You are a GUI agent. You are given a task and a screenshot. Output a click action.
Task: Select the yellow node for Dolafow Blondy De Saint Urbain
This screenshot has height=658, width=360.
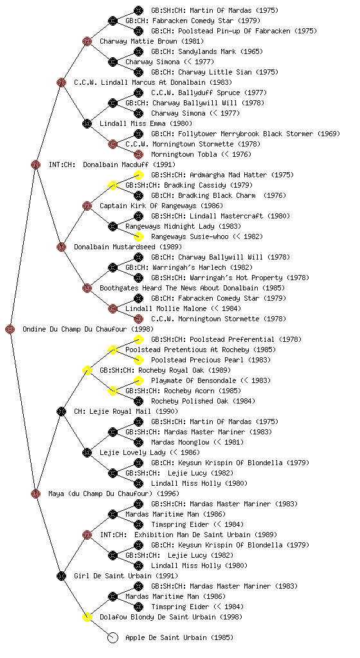tap(87, 617)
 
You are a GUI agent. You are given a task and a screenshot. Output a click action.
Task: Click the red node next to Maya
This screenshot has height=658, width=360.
tap(35, 493)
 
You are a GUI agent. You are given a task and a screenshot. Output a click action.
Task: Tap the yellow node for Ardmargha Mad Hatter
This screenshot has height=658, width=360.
tap(138, 175)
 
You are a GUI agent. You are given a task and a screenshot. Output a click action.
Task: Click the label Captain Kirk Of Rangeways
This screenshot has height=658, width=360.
tap(148, 206)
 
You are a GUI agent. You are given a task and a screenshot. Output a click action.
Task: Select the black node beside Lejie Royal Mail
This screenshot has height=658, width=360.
tap(61, 411)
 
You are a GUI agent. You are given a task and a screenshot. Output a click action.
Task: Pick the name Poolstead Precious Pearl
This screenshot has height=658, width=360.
tap(197, 360)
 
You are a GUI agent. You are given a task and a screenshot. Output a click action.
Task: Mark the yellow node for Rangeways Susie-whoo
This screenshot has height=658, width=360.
tap(138, 236)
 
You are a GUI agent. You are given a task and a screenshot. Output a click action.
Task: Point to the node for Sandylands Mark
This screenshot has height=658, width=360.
tap(138, 51)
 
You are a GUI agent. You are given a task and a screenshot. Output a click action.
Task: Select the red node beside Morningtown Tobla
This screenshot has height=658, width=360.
tap(138, 154)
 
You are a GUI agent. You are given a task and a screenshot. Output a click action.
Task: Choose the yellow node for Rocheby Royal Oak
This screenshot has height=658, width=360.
tap(87, 370)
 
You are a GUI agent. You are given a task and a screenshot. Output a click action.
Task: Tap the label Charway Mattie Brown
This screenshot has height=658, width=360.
tap(138, 42)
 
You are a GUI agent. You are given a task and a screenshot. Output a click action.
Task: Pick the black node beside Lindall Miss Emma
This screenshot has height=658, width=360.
tap(87, 123)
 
